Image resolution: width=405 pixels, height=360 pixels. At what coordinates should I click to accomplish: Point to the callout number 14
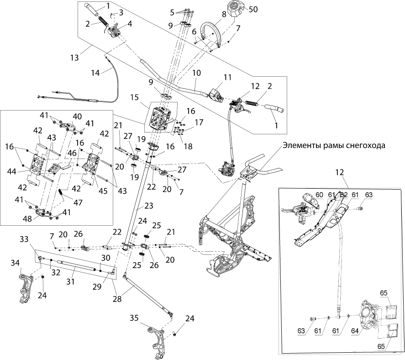coord(95,72)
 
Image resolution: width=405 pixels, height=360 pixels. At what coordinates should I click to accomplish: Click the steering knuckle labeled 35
coord(155,339)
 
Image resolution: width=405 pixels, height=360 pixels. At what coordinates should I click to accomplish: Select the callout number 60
coord(319,194)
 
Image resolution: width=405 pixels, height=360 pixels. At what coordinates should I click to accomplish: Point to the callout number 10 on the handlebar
coord(196,73)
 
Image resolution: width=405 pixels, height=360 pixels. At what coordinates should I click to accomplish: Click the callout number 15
coord(134,97)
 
